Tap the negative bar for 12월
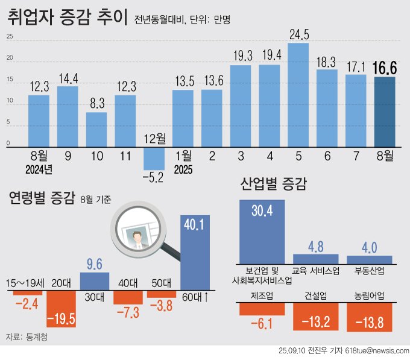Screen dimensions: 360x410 tap(154, 157)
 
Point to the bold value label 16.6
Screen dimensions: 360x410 tap(385, 67)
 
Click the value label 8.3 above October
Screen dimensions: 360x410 tap(96, 103)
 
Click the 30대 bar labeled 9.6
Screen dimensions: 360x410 tap(95, 281)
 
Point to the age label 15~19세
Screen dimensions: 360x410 tap(24, 282)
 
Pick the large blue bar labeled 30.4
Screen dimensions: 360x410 tap(262, 232)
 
